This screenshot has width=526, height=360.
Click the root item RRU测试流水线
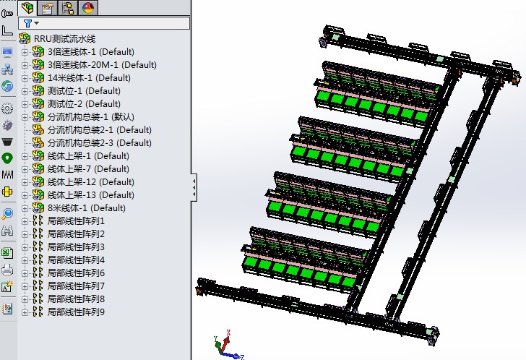click(64, 38)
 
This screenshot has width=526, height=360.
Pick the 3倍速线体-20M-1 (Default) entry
click(102, 64)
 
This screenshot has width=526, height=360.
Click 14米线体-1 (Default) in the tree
click(89, 77)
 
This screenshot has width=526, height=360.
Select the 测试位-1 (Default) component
click(84, 90)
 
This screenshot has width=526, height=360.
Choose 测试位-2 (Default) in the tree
click(84, 103)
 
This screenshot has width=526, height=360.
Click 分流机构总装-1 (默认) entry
click(91, 116)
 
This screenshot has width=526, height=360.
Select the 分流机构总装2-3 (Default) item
click(99, 142)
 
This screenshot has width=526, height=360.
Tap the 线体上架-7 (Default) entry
click(88, 168)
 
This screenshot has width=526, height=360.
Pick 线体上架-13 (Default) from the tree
click(90, 194)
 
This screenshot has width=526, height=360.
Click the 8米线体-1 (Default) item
click(86, 207)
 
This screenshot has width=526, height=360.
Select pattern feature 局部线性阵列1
click(76, 220)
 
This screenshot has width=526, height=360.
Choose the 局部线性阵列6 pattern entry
click(76, 273)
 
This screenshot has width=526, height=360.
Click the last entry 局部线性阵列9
click(76, 312)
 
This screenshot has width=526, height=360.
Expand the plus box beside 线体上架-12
click(25, 182)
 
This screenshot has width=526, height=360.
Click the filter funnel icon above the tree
click(27, 23)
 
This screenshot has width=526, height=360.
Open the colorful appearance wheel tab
click(88, 8)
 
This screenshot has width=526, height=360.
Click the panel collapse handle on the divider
click(194, 189)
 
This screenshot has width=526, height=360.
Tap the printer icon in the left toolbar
click(7, 270)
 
